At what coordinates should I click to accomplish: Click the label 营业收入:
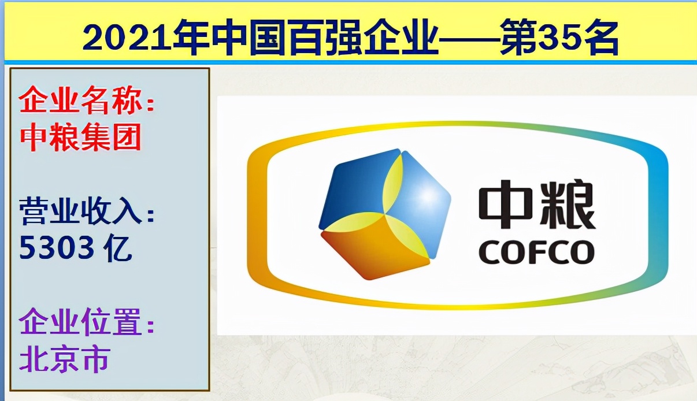click(87, 212)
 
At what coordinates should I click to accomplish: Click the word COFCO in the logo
click(536, 253)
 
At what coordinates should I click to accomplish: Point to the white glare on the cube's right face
click(428, 196)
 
